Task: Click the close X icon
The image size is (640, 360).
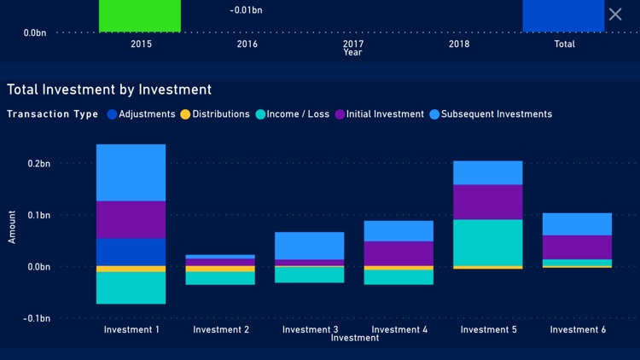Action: coord(615,14)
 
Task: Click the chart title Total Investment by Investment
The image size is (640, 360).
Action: coord(109,90)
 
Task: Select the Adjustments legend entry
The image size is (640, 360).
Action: coord(142,114)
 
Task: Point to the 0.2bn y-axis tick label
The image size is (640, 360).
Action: coord(37,163)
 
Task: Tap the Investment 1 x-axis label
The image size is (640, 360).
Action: coord(131,330)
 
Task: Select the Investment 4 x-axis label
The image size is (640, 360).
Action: coord(399,330)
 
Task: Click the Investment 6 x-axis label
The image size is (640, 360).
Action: coord(578,330)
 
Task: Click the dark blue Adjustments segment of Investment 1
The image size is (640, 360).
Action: coord(131,252)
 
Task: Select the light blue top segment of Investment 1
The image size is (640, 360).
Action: coord(131,172)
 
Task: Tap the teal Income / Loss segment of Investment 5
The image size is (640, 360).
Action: coord(487,242)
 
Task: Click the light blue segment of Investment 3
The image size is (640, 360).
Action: coord(309,246)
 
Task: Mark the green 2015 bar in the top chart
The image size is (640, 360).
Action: coord(140,15)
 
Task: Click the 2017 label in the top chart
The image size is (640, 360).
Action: coord(353,44)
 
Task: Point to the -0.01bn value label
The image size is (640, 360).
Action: coord(247,10)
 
